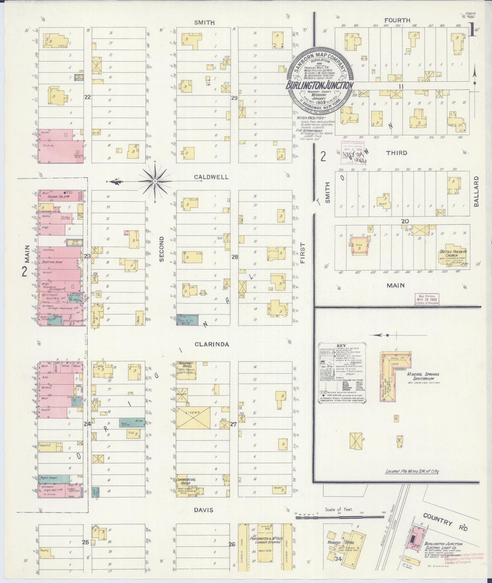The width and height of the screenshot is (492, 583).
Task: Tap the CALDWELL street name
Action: tap(212, 177)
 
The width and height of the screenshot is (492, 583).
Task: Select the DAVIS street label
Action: tap(203, 510)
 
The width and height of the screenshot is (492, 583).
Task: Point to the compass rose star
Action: tap(155, 182)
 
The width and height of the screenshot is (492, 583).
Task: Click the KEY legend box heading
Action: tap(339, 346)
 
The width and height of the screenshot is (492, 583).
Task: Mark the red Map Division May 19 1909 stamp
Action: tap(427, 299)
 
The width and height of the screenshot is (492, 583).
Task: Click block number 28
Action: tap(235, 257)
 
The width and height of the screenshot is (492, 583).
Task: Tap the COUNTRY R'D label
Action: tap(446, 523)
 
